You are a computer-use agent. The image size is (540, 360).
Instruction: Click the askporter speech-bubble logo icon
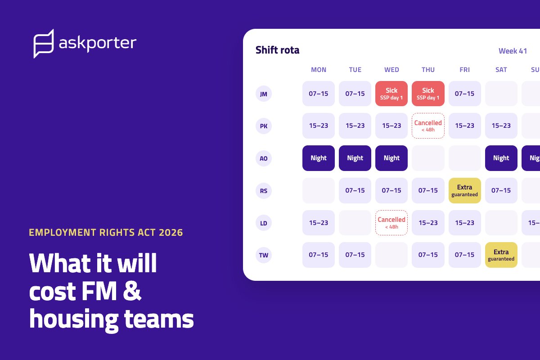tap(43, 44)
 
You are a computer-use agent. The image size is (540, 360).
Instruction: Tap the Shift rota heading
tap(277, 50)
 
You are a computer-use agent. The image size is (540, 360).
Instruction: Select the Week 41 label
tap(513, 51)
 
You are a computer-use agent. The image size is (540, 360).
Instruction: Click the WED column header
tap(391, 70)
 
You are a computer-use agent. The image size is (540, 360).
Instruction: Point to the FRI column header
tap(464, 70)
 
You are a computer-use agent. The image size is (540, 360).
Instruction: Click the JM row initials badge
tap(264, 94)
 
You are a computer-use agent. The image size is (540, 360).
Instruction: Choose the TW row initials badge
tap(264, 255)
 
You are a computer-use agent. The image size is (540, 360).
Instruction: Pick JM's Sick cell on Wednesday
tap(391, 94)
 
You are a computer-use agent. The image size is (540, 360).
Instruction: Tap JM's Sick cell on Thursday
tap(428, 94)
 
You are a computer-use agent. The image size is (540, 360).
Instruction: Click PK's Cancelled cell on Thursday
tap(428, 126)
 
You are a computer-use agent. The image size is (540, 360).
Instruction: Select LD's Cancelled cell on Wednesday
tap(391, 223)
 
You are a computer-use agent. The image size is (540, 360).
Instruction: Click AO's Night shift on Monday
tap(319, 158)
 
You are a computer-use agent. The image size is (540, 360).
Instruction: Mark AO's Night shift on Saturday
tap(501, 158)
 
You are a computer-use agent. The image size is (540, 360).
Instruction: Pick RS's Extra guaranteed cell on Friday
tap(464, 190)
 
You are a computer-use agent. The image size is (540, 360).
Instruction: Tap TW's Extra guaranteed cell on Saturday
tap(501, 255)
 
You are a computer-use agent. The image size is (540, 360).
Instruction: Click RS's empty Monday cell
tap(319, 190)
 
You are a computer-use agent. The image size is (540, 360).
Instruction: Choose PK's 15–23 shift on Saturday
tap(501, 126)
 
